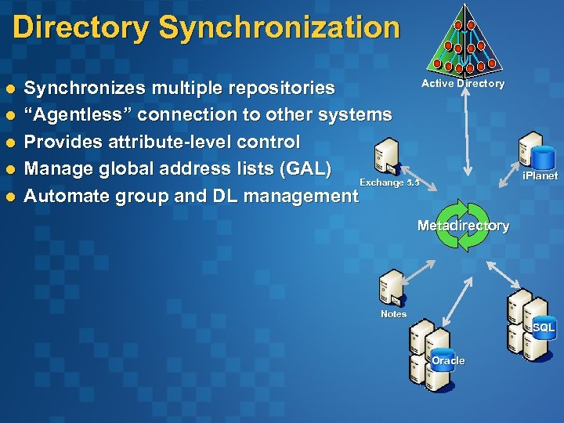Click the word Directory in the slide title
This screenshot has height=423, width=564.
click(80, 28)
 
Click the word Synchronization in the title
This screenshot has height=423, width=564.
click(279, 28)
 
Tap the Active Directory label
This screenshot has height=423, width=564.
click(463, 84)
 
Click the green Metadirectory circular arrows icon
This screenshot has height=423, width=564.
click(462, 226)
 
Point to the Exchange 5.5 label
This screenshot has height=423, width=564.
click(389, 183)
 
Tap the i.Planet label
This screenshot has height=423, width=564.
click(540, 176)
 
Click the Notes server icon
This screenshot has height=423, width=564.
click(392, 288)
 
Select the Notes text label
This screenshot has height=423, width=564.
click(393, 314)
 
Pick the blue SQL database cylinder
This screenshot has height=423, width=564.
click(544, 326)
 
